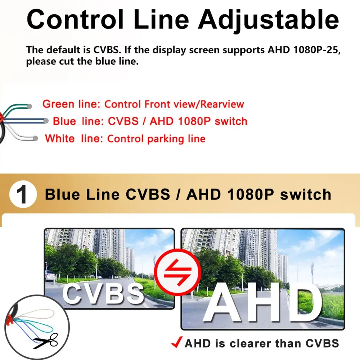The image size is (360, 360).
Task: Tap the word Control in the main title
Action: [75, 19]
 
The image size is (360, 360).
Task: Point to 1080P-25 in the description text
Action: [316, 50]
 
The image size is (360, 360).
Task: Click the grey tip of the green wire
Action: [29, 106]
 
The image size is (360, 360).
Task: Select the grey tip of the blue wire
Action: [46, 121]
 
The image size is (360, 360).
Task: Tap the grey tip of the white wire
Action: [35, 138]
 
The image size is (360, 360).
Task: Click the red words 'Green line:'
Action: [71, 104]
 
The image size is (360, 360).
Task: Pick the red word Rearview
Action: [222, 104]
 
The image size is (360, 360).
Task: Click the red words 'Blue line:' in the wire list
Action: [78, 121]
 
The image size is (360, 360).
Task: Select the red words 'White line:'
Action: [74, 139]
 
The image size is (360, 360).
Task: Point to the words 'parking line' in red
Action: [176, 139]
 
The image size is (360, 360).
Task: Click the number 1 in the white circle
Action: [22, 194]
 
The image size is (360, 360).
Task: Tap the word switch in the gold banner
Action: [306, 194]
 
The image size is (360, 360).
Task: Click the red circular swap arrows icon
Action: [178, 272]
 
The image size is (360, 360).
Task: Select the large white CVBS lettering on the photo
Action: [103, 293]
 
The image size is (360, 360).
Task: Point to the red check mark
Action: [177, 342]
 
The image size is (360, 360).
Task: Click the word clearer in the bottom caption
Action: [249, 343]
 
